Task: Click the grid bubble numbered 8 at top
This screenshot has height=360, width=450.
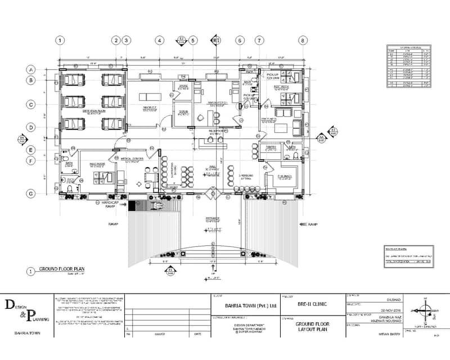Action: pos(303,40)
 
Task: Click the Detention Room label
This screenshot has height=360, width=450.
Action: pos(94,112)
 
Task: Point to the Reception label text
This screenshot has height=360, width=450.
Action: pos(216,132)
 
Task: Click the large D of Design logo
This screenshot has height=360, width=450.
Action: pos(10,305)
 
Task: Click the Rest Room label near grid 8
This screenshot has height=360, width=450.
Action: pos(281,87)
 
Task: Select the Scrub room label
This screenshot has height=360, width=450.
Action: pos(183,112)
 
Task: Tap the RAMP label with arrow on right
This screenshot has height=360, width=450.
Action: pos(313,224)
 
